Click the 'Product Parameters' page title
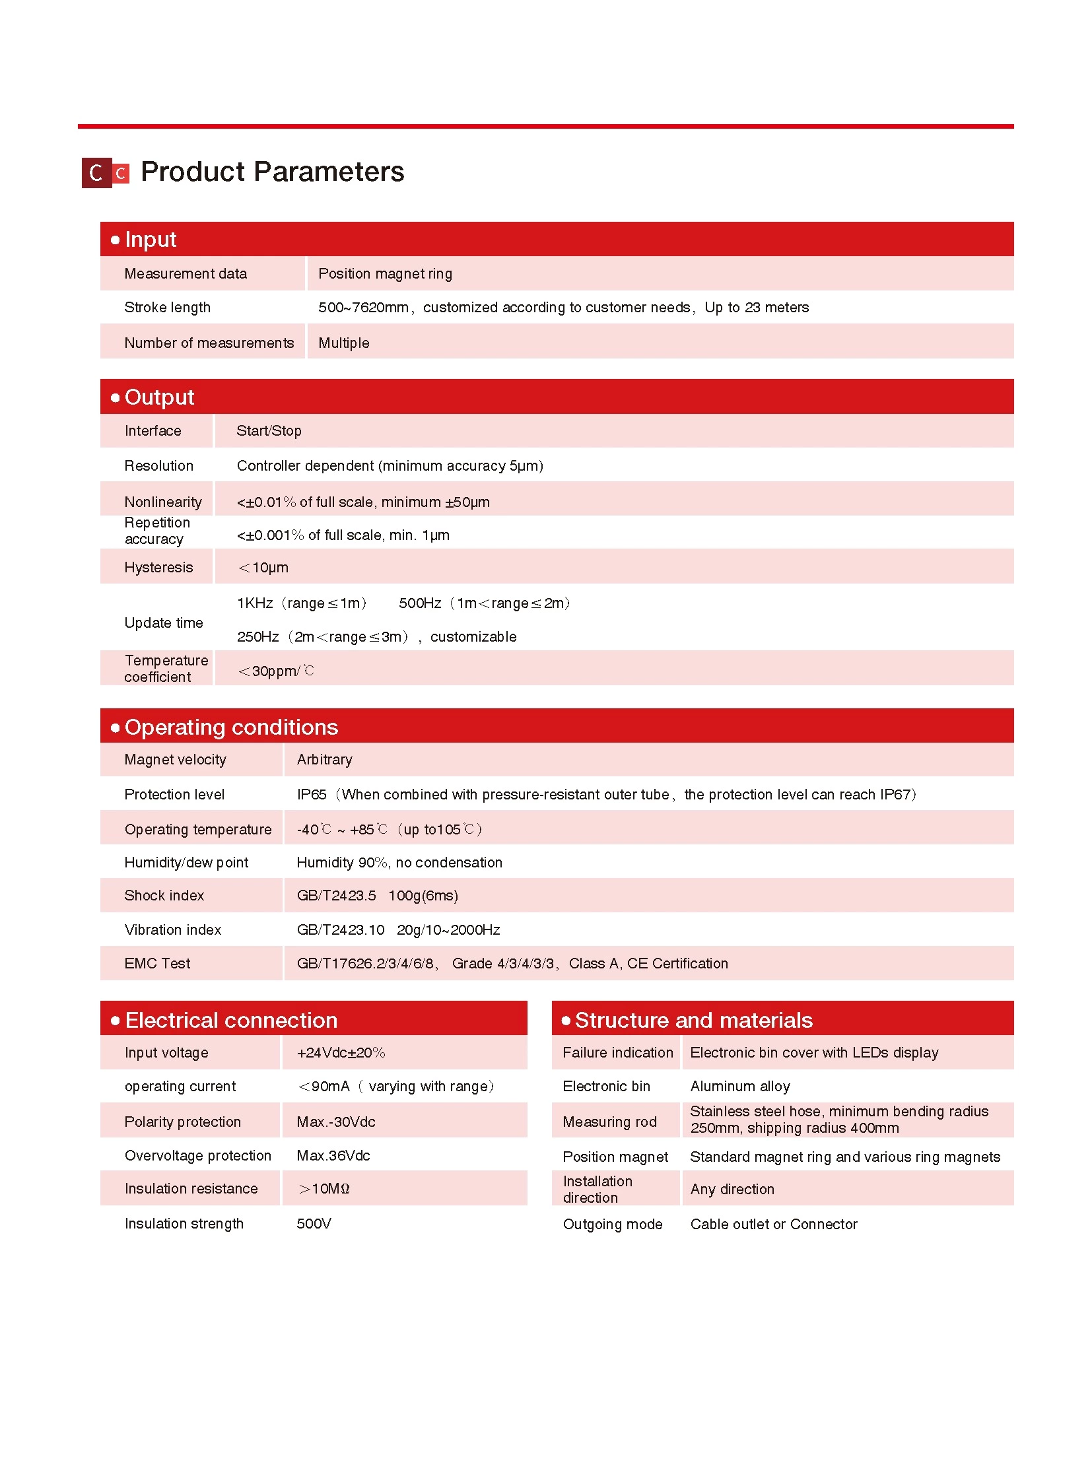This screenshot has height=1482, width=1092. [x=271, y=172]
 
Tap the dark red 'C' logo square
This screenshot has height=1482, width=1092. [x=96, y=173]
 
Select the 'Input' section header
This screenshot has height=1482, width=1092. [x=151, y=239]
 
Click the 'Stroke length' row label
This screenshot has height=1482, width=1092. [x=167, y=308]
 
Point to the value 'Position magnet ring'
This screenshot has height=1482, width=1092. [x=385, y=274]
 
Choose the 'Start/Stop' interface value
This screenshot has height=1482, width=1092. [x=268, y=431]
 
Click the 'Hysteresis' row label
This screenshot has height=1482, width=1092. [x=158, y=567]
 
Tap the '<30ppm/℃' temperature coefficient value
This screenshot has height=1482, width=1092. [x=276, y=671]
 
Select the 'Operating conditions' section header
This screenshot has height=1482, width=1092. [x=230, y=727]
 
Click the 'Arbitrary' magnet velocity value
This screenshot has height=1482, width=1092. [x=324, y=760]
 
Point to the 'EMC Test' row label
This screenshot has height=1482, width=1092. [x=157, y=963]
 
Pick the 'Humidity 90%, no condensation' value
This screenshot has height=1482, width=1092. [x=399, y=862]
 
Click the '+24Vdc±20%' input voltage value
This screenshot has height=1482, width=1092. [x=341, y=1052]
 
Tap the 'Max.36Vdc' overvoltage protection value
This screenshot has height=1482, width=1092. [x=333, y=1155]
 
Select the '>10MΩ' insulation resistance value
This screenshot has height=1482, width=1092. [x=324, y=1188]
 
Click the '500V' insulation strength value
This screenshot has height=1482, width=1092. [x=314, y=1223]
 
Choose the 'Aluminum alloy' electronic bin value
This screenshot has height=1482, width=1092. [x=739, y=1086]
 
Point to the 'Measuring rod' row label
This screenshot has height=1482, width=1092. [x=609, y=1122]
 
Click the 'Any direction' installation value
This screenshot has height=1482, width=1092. [x=732, y=1189]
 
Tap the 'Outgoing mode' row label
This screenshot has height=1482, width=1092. [x=612, y=1224]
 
